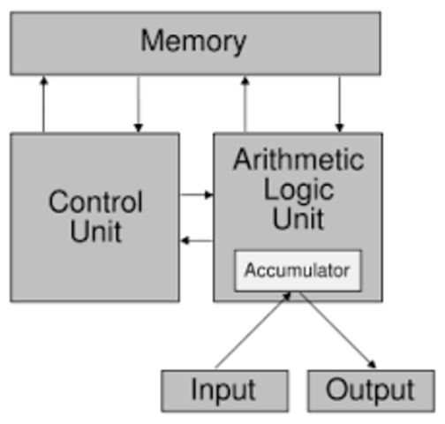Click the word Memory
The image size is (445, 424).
193,42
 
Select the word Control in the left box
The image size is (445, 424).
94,201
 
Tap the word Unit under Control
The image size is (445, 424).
95,231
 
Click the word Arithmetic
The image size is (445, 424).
298,160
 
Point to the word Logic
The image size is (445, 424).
298,189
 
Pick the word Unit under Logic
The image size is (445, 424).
298,218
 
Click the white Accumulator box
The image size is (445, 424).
297,270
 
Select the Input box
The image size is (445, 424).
224,390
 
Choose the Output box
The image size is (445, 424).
370,390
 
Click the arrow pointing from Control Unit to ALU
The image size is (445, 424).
196,194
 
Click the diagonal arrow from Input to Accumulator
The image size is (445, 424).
253,331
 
